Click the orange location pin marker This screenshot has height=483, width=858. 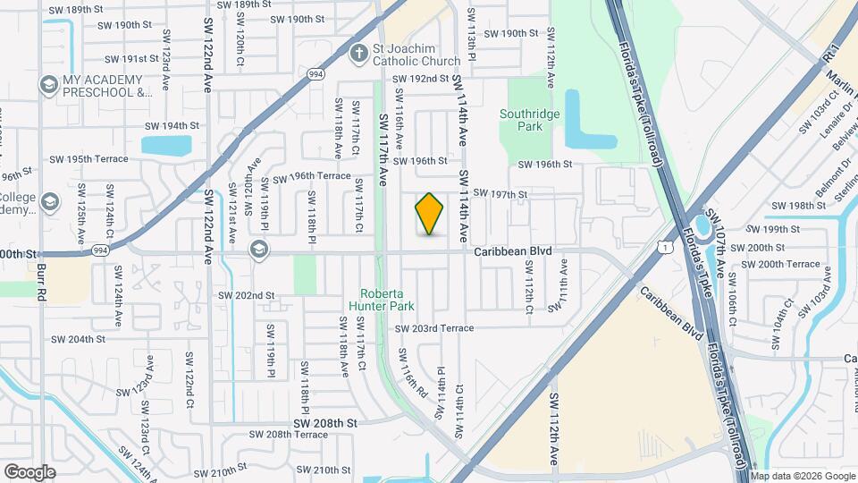pos(429,214)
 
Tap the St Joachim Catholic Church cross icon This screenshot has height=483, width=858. pos(359,53)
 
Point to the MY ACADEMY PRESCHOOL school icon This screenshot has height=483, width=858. pos(48,85)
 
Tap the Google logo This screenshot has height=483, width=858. pos(29,471)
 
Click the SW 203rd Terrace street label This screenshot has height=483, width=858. pos(434,328)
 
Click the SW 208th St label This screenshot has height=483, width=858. pos(326,422)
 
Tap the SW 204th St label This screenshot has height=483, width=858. pos(78,339)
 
